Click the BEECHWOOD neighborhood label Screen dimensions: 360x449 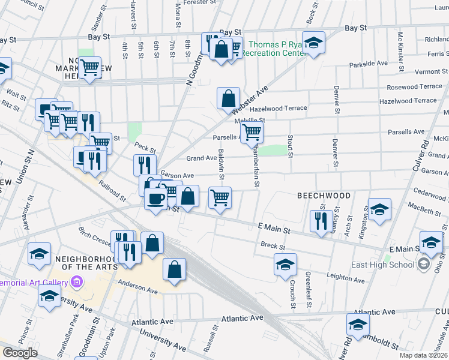click(324, 196)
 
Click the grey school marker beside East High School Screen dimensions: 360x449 click(424, 265)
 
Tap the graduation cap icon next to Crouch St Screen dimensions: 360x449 click(285, 264)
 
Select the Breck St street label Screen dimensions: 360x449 click(271, 245)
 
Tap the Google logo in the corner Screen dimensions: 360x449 click(20, 353)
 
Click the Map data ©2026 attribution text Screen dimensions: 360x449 click(424, 356)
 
